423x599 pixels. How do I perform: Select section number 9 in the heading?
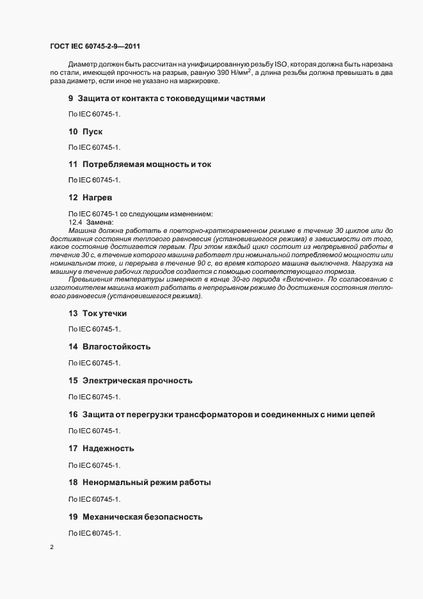[71, 98]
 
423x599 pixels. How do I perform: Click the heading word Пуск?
[93, 131]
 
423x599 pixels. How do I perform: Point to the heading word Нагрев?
[97, 198]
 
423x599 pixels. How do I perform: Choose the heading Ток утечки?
[105, 314]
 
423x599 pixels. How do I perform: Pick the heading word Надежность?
[108, 449]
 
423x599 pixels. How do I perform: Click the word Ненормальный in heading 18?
[113, 482]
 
